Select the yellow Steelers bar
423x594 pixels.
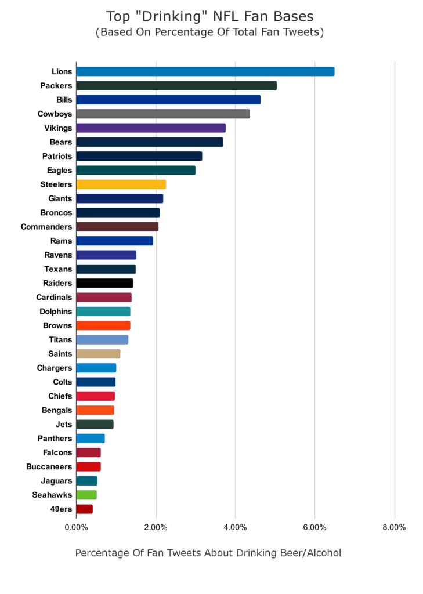tap(121, 184)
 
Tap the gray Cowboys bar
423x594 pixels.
tap(162, 114)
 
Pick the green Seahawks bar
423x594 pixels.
tap(86, 495)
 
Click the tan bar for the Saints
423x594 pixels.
tap(98, 354)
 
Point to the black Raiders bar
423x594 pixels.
tap(104, 283)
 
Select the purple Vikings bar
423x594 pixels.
tap(151, 128)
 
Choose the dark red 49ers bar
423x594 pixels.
tap(84, 509)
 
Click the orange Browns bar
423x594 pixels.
tap(103, 325)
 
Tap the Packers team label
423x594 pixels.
tap(56, 86)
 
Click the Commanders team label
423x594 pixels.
tap(46, 227)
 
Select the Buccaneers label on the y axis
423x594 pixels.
tap(49, 466)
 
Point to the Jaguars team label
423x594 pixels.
tap(56, 481)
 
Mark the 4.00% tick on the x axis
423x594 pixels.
tap(235, 527)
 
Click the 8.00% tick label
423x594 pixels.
tap(394, 527)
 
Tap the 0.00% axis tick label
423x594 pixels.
tap(76, 527)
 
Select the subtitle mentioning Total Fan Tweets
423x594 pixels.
tap(209, 32)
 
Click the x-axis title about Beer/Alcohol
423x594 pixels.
tap(208, 553)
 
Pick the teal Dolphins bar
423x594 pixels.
tap(103, 312)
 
